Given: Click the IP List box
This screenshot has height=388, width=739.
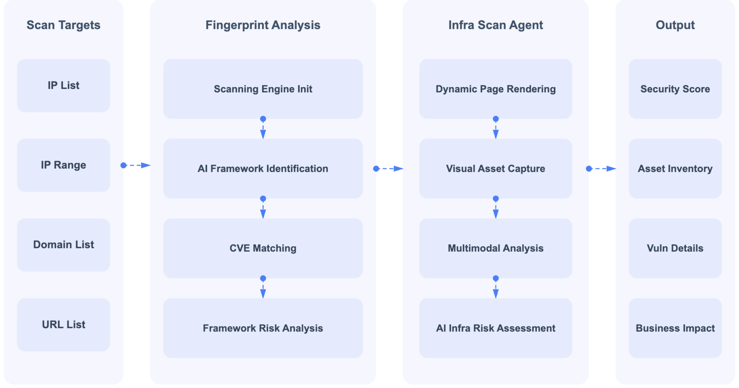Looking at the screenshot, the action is coord(63,85).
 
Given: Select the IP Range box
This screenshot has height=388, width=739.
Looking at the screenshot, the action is coord(63,165).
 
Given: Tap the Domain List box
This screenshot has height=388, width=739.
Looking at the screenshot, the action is coord(63,245).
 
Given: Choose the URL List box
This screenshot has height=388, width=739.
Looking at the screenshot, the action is coord(63,325).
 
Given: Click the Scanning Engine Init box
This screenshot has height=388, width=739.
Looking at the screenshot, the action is coord(263,89).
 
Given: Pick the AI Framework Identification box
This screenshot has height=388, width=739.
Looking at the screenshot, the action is coord(263,169).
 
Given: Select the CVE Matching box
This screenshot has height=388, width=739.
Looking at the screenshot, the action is coord(263,248).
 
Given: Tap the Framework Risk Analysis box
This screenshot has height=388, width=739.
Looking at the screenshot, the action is coord(263,328).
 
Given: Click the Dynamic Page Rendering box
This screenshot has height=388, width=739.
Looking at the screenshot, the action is coord(495,89).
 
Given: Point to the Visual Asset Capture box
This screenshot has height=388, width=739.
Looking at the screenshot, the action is coord(495,169).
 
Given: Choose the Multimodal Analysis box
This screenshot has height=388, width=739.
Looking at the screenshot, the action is coord(495,248).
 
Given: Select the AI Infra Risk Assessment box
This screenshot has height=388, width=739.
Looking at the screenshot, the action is coord(495,328).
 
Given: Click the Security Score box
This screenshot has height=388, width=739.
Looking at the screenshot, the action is coord(675,89).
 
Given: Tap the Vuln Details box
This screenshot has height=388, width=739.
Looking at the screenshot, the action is coord(675,248).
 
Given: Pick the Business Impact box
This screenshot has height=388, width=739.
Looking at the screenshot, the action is coord(675,328).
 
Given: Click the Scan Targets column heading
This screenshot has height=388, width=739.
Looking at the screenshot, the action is coord(63,25).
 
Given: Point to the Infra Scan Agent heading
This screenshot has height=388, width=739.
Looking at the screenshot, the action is coord(495,25).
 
